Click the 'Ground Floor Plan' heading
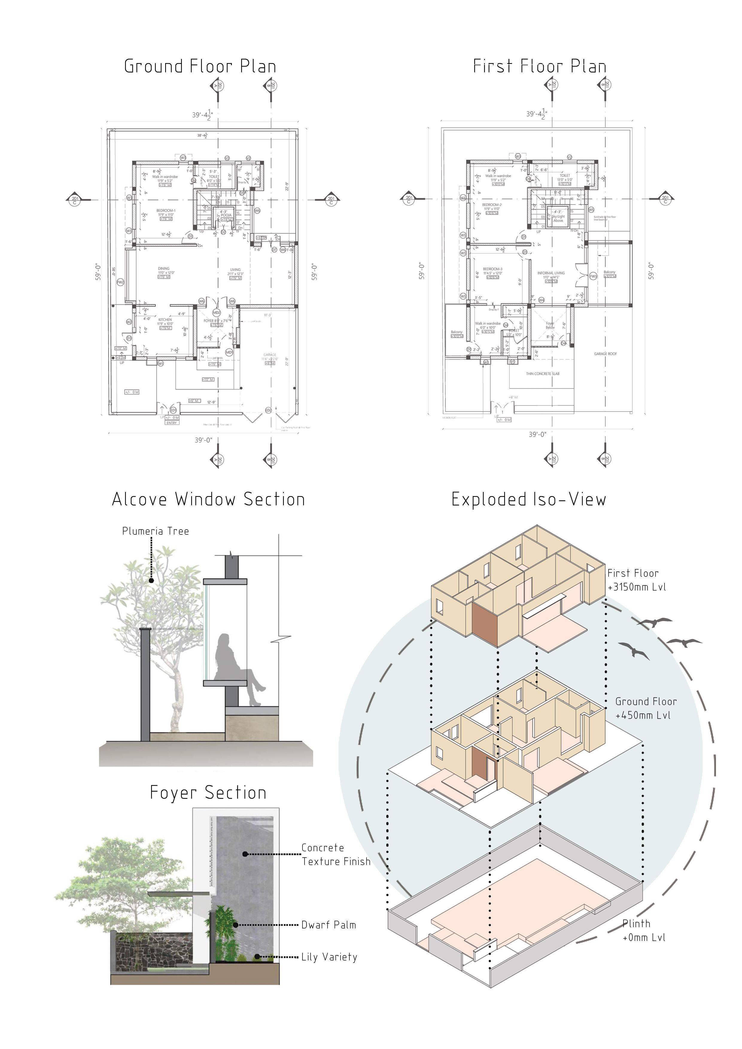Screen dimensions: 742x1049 click(x=200, y=67)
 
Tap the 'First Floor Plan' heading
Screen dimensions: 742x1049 click(x=539, y=67)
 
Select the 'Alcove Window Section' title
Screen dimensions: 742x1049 click(x=209, y=499)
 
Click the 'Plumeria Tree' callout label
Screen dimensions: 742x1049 click(x=156, y=531)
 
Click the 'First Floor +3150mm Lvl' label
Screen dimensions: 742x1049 click(x=636, y=580)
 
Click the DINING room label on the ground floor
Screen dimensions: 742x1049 click(x=164, y=269)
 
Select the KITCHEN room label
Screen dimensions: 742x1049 click(x=165, y=320)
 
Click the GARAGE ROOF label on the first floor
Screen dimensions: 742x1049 click(x=605, y=354)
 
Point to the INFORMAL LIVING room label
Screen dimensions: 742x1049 click(x=551, y=273)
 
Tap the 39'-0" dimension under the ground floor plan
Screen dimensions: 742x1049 click(x=203, y=440)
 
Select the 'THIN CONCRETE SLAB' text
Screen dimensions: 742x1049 click(x=542, y=374)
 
